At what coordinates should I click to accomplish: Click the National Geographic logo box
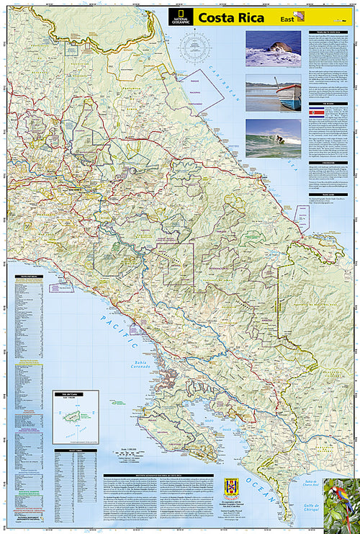coord(181,18)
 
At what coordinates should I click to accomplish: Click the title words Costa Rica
coord(226,17)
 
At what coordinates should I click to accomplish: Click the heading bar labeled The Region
coord(328,104)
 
